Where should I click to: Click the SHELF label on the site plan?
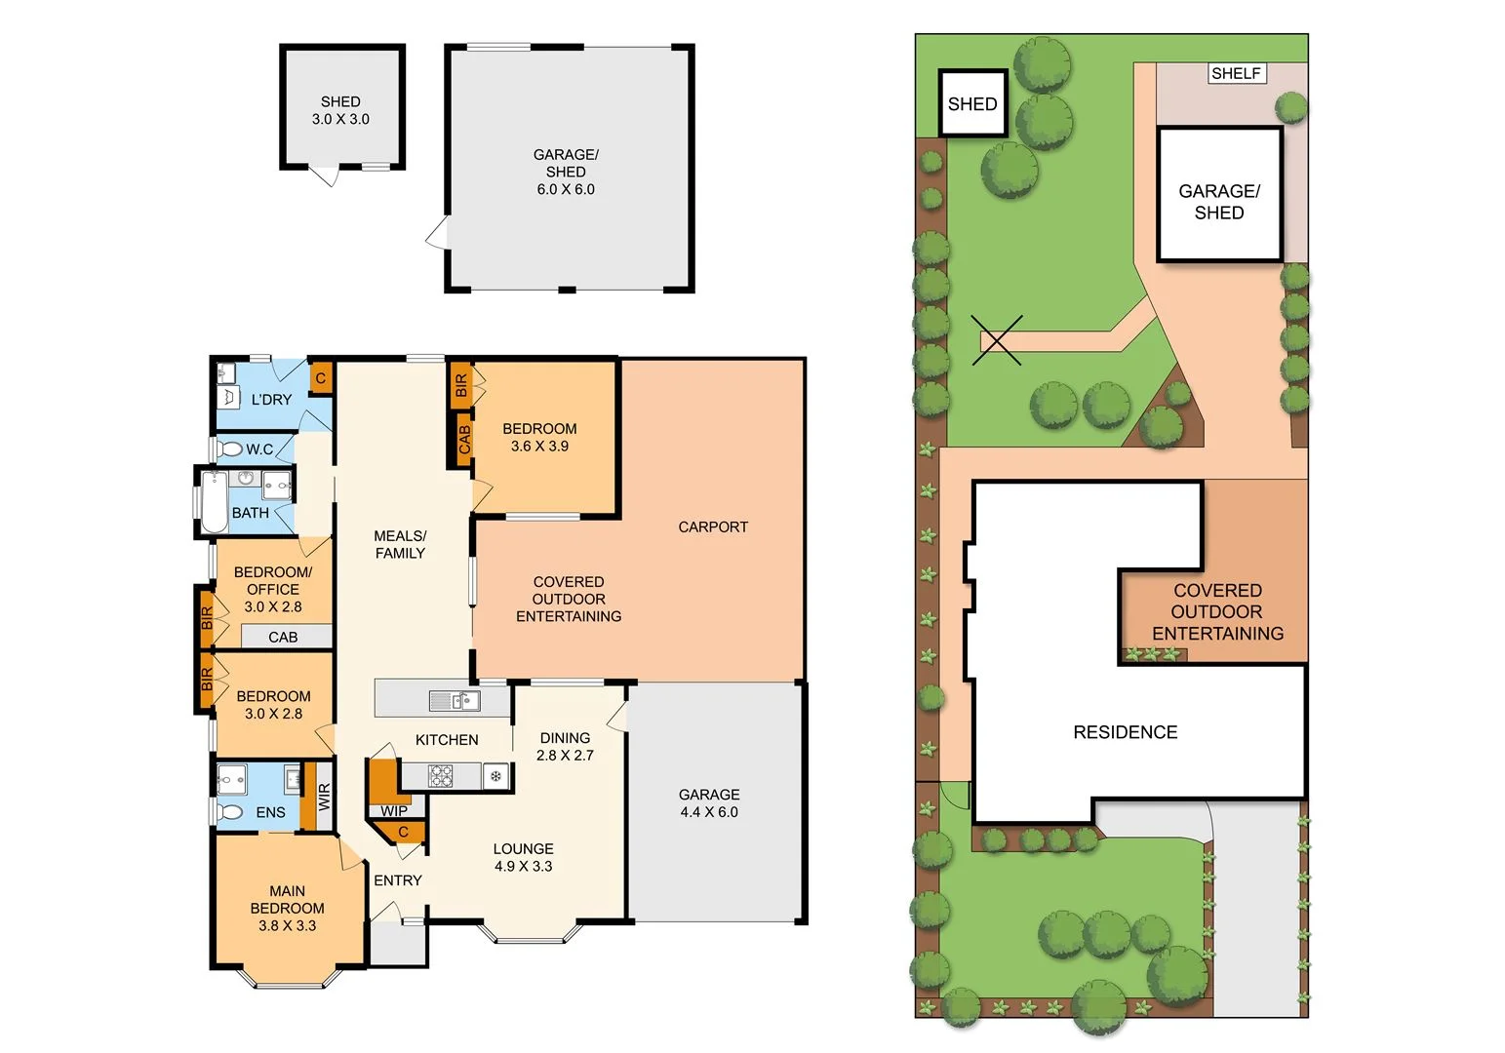click(1236, 73)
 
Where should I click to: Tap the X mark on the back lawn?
click(997, 340)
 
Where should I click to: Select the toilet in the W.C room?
click(230, 449)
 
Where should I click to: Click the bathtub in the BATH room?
click(214, 501)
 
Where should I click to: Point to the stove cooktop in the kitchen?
click(441, 776)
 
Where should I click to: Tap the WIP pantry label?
click(394, 811)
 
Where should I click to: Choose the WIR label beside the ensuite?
click(325, 798)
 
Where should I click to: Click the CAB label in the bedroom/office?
click(283, 638)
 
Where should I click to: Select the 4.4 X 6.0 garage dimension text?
click(709, 812)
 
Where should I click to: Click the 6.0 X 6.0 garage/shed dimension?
click(566, 189)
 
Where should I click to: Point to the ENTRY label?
click(398, 880)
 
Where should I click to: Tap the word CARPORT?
click(713, 527)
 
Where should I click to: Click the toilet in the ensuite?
click(231, 812)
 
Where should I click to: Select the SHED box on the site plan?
click(972, 103)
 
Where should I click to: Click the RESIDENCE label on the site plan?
click(1125, 732)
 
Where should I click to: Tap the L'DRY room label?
click(271, 400)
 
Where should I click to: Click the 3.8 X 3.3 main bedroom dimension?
click(287, 926)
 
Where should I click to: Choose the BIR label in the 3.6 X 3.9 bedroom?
click(461, 384)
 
